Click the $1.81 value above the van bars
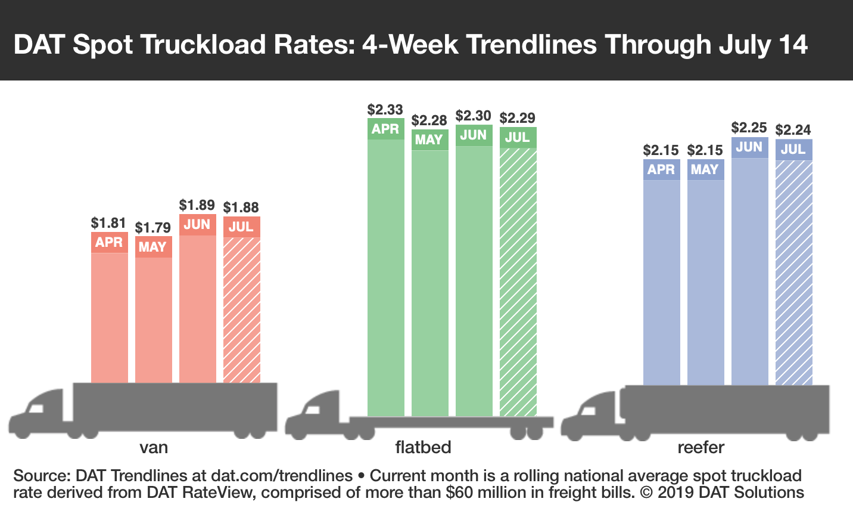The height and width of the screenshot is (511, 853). [108, 223]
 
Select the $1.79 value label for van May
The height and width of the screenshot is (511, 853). [152, 228]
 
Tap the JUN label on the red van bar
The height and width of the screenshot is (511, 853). [197, 224]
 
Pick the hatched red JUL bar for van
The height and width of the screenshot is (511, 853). [241, 310]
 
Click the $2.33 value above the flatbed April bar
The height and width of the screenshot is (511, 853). [385, 110]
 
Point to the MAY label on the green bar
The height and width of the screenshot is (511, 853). [429, 140]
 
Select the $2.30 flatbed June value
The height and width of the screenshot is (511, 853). [473, 116]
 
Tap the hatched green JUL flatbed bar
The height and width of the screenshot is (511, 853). [518, 280]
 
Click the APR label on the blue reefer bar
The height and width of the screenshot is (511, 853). [661, 169]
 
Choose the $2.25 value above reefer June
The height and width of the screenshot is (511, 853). [749, 128]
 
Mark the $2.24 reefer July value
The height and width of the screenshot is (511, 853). [793, 130]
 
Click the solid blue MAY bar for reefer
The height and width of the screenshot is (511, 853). [705, 280]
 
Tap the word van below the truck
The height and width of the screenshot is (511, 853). [153, 447]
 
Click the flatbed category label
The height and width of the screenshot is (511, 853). [423, 447]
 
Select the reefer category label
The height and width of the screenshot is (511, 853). [701, 447]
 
